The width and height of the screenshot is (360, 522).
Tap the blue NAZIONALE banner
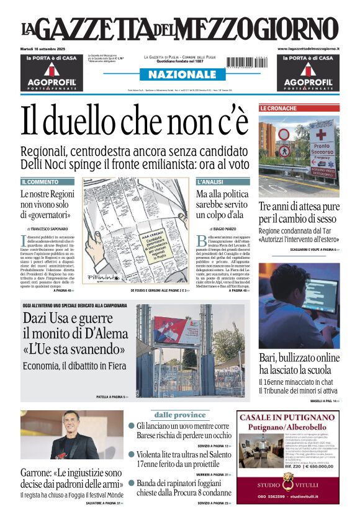pos(178,75)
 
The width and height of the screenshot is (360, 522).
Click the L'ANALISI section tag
pos(210,182)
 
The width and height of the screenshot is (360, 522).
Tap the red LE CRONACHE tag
pos(278,109)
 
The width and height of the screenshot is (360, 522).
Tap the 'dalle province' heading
pos(180,415)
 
